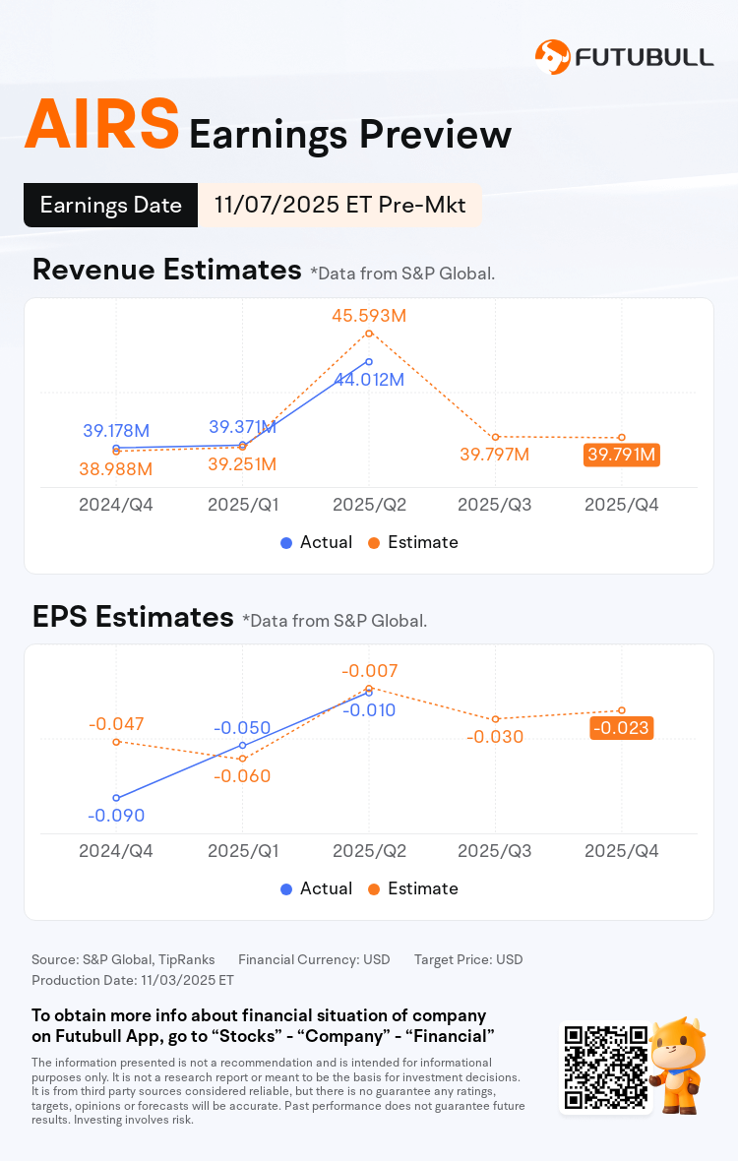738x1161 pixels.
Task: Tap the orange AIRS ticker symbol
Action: pyautogui.click(x=101, y=125)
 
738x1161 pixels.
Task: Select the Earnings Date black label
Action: pyautogui.click(x=111, y=205)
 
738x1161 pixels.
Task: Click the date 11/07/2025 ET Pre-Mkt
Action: pyautogui.click(x=339, y=205)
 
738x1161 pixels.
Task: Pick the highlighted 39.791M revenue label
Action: pyautogui.click(x=620, y=455)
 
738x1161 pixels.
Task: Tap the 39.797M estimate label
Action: pyautogui.click(x=496, y=455)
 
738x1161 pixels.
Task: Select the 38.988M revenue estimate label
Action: pyautogui.click(x=115, y=469)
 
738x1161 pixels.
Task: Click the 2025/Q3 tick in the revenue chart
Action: pyautogui.click(x=496, y=505)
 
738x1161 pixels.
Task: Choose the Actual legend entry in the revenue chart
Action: pyautogui.click(x=316, y=542)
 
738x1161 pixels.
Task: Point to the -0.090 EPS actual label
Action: pyautogui.click(x=116, y=815)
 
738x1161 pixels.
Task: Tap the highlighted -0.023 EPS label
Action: pyautogui.click(x=620, y=729)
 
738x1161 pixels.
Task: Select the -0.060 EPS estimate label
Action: pyautogui.click(x=242, y=776)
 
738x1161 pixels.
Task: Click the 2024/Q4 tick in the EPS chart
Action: pyautogui.click(x=116, y=851)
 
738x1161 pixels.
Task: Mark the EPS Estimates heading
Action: pyautogui.click(x=133, y=617)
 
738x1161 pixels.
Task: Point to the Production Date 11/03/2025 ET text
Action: pyautogui.click(x=133, y=980)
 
